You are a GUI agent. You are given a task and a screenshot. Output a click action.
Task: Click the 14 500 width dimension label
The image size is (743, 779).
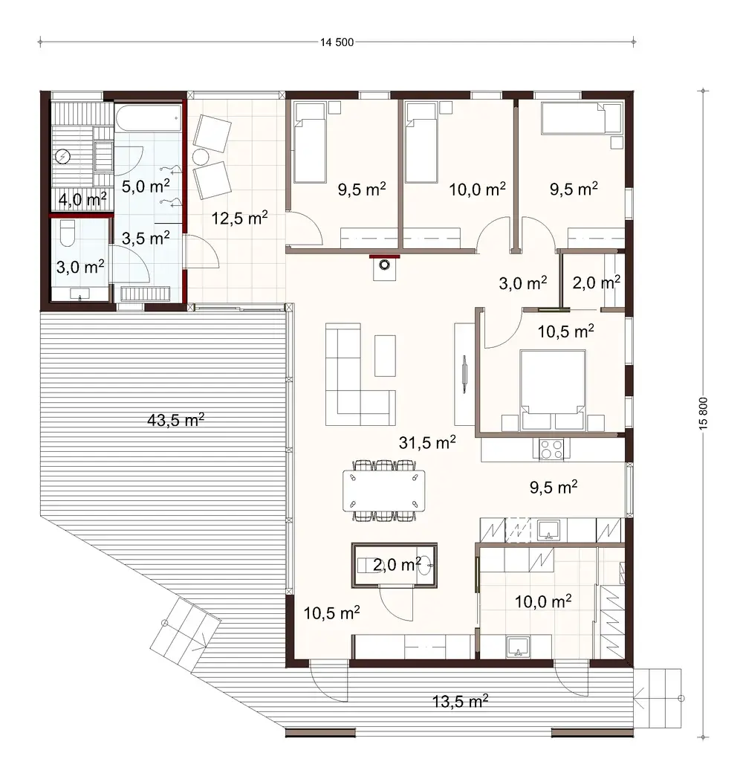[x=337, y=42]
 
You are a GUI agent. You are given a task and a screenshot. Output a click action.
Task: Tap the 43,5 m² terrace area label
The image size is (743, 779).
[x=176, y=420]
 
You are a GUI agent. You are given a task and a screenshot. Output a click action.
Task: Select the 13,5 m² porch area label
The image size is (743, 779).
[x=460, y=699]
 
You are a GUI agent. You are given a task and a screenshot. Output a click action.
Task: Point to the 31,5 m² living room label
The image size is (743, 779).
[x=427, y=442]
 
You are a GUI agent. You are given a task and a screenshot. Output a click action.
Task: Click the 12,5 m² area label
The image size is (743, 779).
[x=239, y=218]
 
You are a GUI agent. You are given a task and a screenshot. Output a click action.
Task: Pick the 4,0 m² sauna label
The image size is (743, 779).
[x=81, y=198]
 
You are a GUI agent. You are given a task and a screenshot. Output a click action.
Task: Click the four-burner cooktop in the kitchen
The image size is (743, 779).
[x=551, y=449]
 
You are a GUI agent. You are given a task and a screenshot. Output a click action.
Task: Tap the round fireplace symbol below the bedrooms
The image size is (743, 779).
[x=384, y=265]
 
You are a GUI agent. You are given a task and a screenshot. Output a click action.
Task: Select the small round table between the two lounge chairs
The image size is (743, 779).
[x=201, y=158]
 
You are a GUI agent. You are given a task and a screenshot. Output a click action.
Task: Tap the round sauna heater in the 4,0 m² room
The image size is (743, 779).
[x=64, y=156]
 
